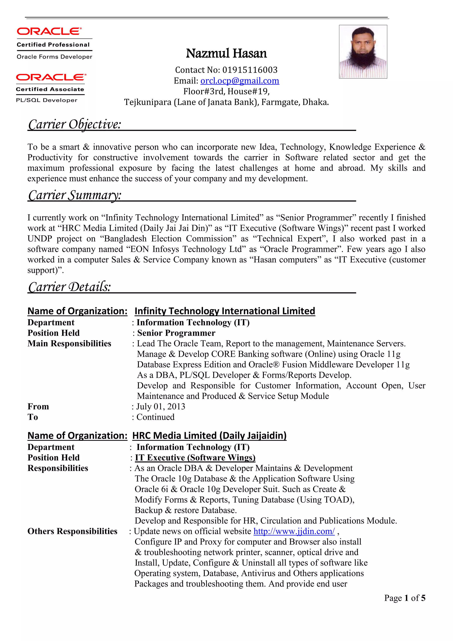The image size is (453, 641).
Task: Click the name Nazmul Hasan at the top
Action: tap(226, 53)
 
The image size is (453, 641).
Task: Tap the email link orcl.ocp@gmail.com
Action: tap(240, 81)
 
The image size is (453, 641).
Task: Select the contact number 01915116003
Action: tap(250, 70)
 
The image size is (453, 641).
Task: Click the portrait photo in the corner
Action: tap(363, 52)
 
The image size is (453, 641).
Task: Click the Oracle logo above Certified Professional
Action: tap(49, 31)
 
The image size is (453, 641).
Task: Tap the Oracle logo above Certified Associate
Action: tap(51, 77)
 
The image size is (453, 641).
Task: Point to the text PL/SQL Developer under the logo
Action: tap(47, 100)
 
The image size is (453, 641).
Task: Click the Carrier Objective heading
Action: tap(75, 124)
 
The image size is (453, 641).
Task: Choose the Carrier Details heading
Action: tap(70, 287)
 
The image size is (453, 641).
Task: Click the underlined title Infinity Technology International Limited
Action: tap(225, 311)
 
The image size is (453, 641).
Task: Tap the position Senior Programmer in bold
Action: tap(176, 333)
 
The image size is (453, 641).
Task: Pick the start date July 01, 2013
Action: tap(161, 407)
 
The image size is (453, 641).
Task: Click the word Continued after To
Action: tap(155, 417)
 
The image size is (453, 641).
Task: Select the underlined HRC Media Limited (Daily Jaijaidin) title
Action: tap(209, 436)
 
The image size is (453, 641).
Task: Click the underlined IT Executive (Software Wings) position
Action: tap(195, 458)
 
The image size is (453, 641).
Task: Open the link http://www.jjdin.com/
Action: tap(294, 531)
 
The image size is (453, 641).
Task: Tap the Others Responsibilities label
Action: tap(72, 531)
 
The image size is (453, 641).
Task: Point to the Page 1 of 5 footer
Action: tap(405, 598)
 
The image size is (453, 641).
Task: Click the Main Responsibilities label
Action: tap(69, 344)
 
